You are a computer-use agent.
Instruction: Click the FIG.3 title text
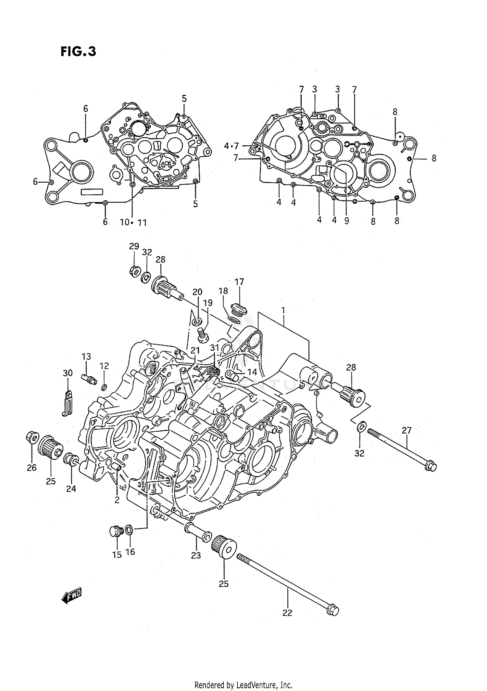[78, 51]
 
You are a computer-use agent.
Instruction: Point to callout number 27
[406, 430]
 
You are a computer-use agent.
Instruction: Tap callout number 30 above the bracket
[68, 373]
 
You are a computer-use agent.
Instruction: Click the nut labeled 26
[32, 437]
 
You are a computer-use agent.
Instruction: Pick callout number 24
[71, 488]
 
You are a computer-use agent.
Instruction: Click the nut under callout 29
[134, 270]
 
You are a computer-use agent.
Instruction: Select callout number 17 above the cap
[239, 282]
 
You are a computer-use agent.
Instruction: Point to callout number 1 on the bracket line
[283, 310]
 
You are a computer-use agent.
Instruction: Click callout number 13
[86, 357]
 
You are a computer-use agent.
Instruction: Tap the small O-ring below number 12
[104, 387]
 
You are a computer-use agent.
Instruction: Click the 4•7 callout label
[231, 146]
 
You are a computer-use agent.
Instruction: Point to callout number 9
[346, 221]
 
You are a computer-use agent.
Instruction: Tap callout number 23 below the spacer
[196, 555]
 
